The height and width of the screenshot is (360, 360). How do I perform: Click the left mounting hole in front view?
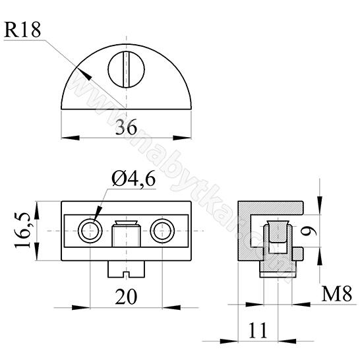click(x=89, y=231)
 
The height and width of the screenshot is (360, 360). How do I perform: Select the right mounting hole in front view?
click(x=162, y=231)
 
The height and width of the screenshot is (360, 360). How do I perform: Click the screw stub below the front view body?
click(x=125, y=268)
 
